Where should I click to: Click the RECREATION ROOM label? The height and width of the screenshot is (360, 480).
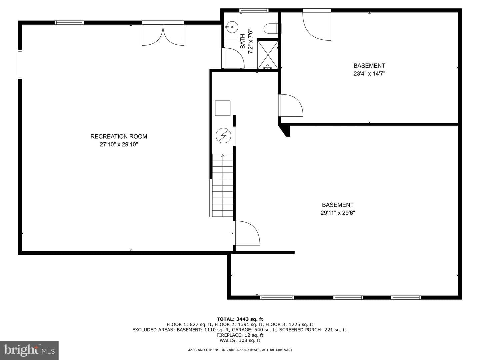tap(119, 136)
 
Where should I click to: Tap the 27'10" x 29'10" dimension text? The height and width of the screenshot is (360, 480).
tap(119, 144)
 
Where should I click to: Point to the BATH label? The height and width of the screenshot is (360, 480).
tap(243, 41)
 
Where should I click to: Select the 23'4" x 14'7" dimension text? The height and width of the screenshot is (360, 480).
tap(369, 73)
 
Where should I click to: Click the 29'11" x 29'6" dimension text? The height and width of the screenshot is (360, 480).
tap(338, 213)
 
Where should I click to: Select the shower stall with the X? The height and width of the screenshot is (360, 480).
tap(268, 55)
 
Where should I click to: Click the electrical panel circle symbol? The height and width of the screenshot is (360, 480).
tap(223, 136)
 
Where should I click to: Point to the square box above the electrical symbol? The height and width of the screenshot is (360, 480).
tap(223, 108)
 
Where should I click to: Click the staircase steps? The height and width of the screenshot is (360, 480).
tap(222, 185)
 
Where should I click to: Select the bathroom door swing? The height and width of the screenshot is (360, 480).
tap(233, 58)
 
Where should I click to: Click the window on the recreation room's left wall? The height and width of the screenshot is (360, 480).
tap(20, 64)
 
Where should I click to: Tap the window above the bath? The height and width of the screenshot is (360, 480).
tap(254, 10)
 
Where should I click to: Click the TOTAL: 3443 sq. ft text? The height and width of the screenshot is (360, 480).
tap(240, 319)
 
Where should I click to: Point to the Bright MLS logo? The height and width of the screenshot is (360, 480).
tap(29, 350)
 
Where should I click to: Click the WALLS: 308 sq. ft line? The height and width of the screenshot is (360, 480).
tap(240, 340)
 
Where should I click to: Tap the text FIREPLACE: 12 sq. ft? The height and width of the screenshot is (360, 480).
tap(240, 335)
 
